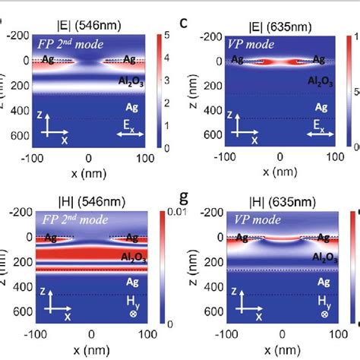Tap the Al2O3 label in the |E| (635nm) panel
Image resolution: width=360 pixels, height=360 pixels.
coord(319,79)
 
